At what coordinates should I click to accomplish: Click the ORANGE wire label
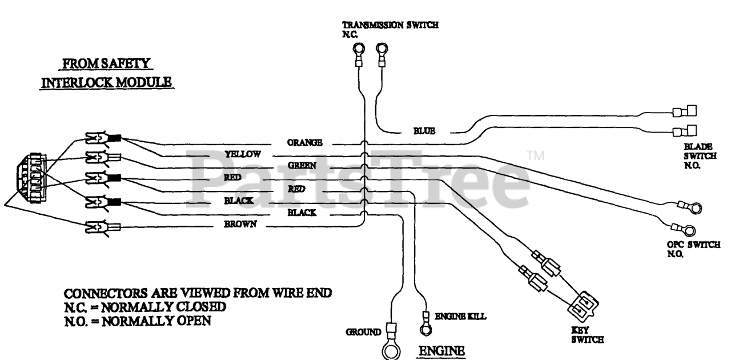point(304,142)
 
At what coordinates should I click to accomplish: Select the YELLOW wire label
point(243,154)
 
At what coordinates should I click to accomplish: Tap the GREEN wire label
point(302,166)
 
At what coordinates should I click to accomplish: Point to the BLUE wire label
point(424,131)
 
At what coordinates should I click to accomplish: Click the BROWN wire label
point(240,224)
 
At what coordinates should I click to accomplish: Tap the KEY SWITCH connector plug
point(584,305)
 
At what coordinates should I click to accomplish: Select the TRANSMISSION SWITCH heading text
point(390,25)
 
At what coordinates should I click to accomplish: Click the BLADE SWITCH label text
point(700,156)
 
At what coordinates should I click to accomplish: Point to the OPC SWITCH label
point(693,249)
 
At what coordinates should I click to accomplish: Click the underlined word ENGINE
point(441,351)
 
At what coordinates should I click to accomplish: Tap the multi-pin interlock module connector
point(31,178)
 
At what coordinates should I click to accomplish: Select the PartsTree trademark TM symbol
point(536,155)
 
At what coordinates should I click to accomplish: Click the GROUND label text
point(363,332)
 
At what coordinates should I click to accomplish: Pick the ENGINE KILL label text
point(460,316)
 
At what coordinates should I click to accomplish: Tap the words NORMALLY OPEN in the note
point(156,321)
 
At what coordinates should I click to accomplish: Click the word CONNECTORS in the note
point(106,293)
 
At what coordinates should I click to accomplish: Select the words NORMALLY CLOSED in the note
point(163,307)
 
